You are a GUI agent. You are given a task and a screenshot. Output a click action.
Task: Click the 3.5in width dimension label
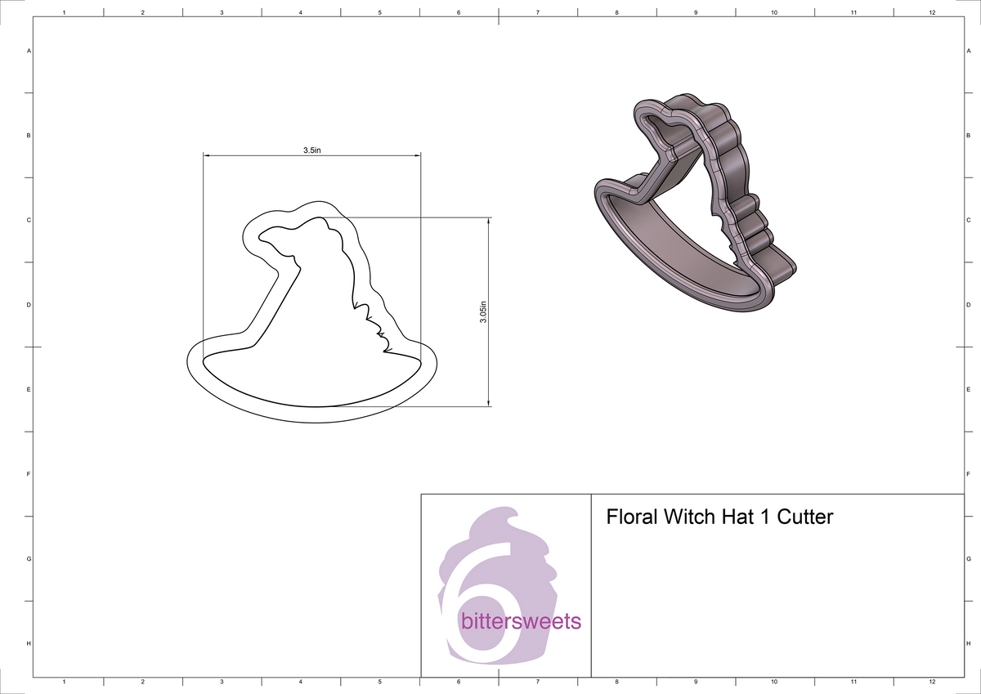(311, 150)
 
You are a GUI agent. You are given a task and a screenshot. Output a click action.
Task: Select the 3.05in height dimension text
(483, 311)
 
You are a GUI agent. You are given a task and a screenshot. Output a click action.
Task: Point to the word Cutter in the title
(804, 517)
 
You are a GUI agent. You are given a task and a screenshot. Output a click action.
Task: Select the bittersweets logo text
(521, 622)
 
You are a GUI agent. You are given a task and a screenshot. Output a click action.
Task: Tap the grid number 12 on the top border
(932, 13)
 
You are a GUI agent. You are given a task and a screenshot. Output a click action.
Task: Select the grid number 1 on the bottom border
(64, 681)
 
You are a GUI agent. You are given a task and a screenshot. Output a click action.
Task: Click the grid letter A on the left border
(29, 51)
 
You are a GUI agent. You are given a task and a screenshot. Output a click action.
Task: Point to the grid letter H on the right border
(968, 644)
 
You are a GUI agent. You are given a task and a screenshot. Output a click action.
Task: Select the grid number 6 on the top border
(458, 13)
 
